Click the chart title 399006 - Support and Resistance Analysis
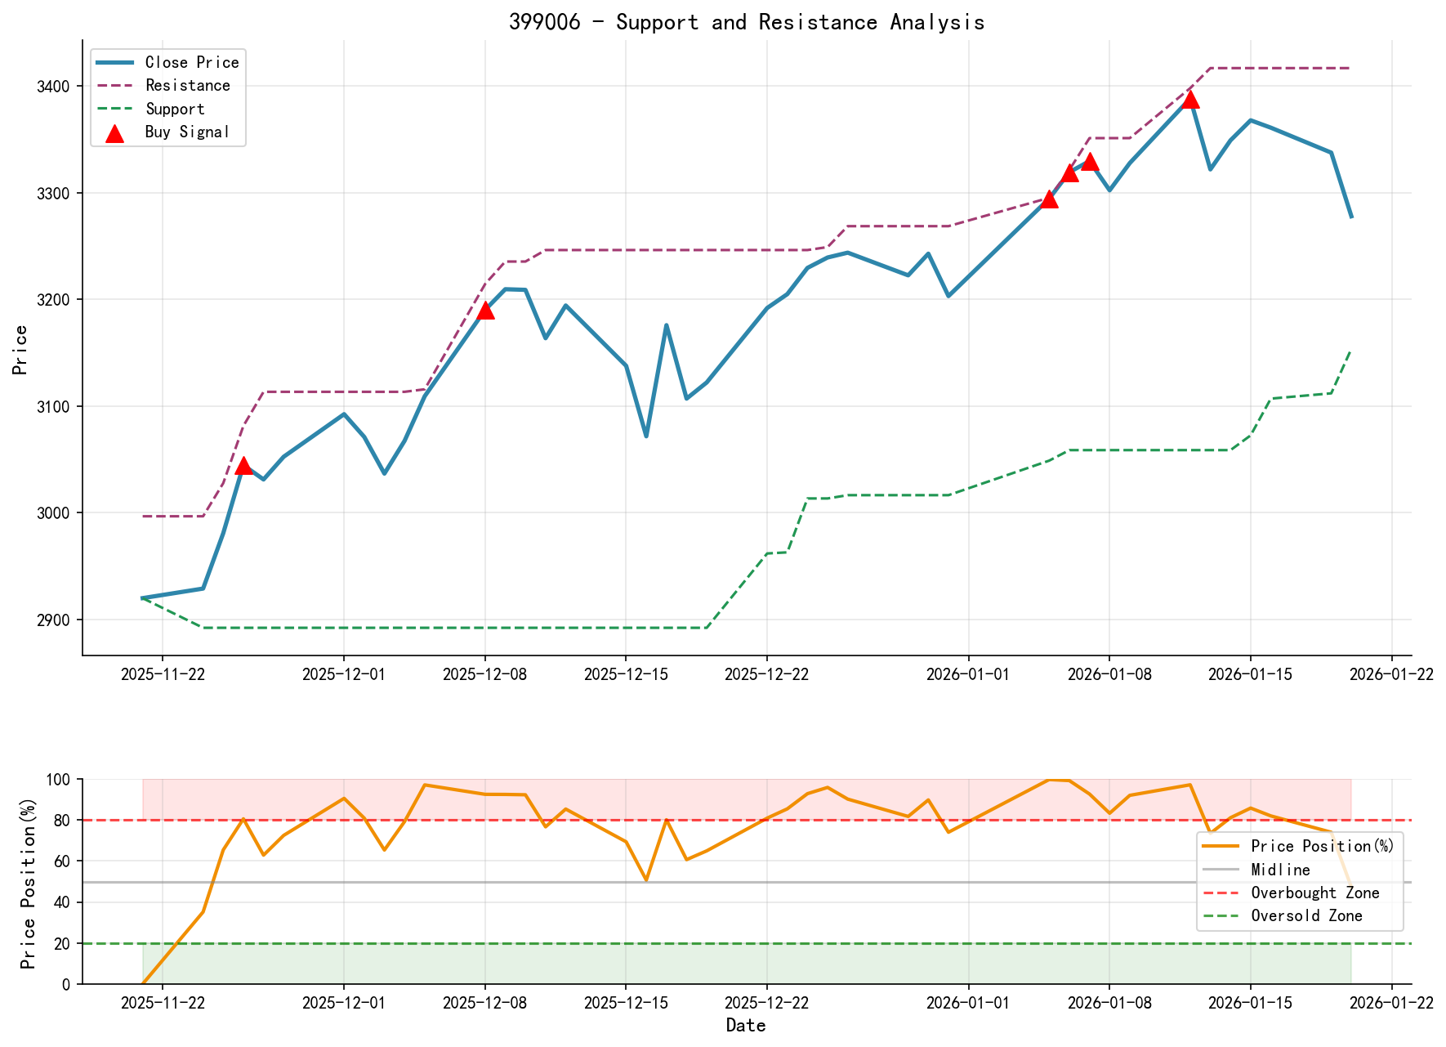pyautogui.click(x=747, y=22)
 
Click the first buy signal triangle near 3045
pyautogui.click(x=243, y=465)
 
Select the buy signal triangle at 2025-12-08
pyautogui.click(x=485, y=310)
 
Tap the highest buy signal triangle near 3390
pyautogui.click(x=1190, y=99)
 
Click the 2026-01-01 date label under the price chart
pyautogui.click(x=968, y=674)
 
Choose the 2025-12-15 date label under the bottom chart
pyautogui.click(x=626, y=1003)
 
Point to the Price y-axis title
pyautogui.click(x=21, y=350)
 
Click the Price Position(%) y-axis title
pyautogui.click(x=29, y=882)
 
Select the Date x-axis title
pyautogui.click(x=746, y=1026)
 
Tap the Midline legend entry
pyautogui.click(x=1280, y=870)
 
